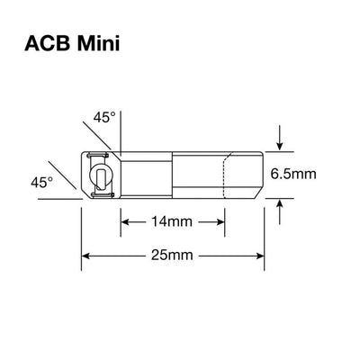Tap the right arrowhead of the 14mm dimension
tap(221, 220)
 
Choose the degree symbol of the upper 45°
tap(114, 113)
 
